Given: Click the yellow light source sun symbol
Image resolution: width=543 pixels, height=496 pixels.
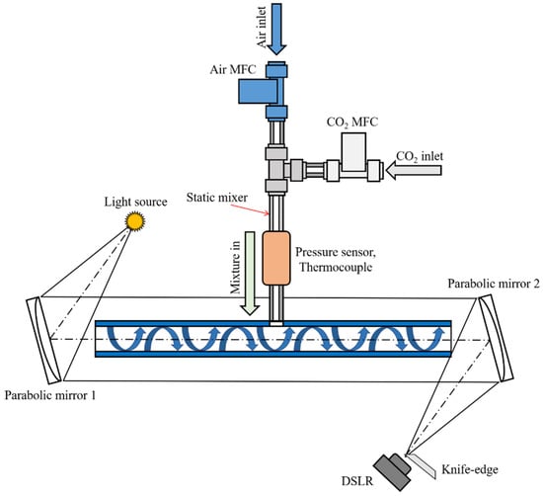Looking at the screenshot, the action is [x=134, y=221].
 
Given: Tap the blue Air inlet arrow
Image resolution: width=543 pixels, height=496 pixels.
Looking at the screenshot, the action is [x=276, y=29].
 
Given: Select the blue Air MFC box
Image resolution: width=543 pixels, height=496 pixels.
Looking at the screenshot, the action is [x=258, y=91].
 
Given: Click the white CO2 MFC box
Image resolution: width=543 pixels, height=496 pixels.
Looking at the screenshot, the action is [x=353, y=152].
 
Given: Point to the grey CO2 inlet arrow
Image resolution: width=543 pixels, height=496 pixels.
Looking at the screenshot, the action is [x=414, y=170].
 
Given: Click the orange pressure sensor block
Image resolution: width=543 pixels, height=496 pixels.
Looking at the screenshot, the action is [x=276, y=258].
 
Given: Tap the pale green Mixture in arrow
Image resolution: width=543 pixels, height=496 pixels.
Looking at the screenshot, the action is [x=250, y=274].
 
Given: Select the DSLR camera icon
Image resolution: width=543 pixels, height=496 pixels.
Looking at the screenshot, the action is [x=393, y=471].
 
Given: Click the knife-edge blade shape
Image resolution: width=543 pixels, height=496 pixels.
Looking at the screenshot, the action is [x=422, y=465].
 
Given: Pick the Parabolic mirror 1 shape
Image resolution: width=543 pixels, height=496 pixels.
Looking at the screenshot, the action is [x=44, y=340].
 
